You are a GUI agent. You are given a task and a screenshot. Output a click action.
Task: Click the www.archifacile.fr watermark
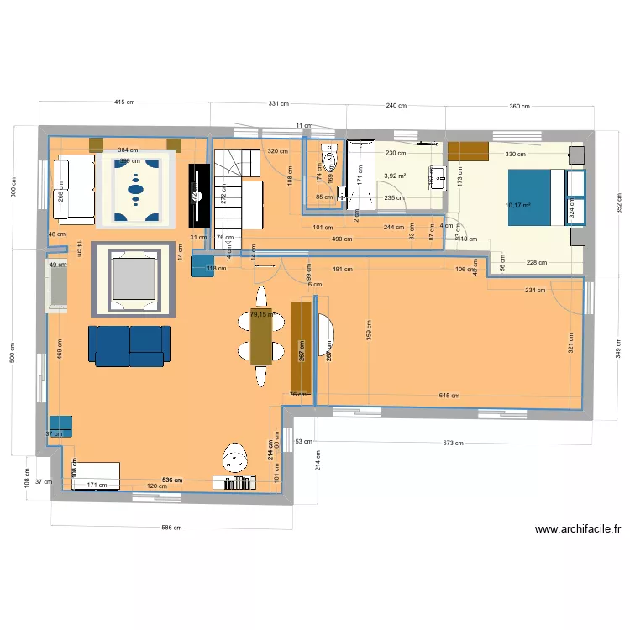coord(578,529)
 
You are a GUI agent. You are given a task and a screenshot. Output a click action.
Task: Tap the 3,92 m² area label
coord(395,176)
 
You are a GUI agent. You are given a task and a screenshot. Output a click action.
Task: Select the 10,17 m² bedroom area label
coord(518,204)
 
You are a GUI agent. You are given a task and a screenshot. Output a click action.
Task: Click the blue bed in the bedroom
coord(529,197)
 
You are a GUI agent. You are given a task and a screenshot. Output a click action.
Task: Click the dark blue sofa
coord(129,346)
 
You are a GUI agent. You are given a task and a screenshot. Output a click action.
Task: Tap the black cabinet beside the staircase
coord(198,196)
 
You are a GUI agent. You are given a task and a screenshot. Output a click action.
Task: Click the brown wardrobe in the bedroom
coord(468,151)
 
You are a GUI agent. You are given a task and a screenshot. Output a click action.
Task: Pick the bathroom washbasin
coord(435,176)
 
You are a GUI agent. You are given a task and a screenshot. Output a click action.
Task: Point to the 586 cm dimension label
coord(172,528)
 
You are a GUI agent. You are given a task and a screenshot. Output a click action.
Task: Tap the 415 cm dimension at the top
coord(123,102)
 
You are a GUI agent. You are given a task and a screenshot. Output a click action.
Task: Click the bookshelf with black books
coord(234,482)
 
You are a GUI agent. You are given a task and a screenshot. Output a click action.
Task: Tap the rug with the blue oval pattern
coord(135,191)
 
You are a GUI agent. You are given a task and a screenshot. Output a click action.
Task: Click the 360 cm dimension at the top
coord(519,107)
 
